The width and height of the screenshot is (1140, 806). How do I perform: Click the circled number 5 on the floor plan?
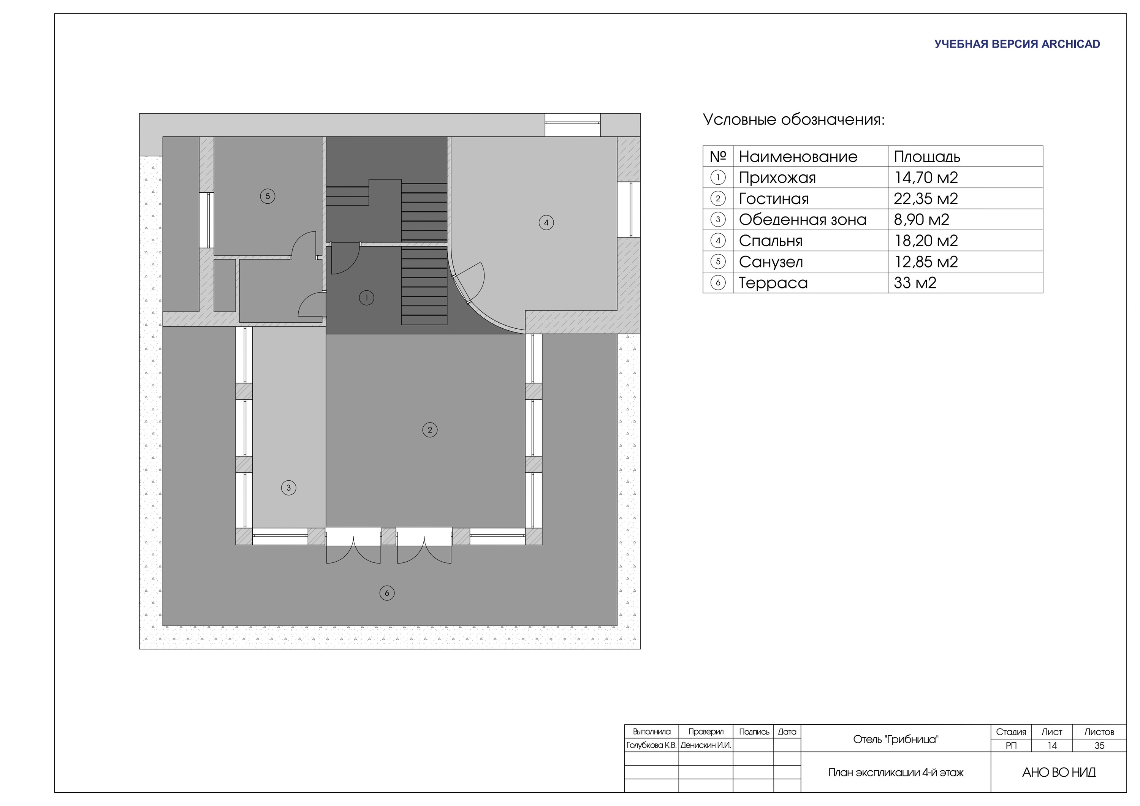click(268, 196)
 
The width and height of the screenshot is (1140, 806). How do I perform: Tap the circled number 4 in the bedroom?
click(546, 222)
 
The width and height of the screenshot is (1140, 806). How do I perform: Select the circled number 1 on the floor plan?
click(366, 298)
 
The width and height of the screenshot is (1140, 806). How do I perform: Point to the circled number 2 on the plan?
click(430, 430)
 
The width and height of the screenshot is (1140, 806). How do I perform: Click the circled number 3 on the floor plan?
click(288, 488)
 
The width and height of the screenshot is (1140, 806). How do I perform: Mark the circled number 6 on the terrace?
click(387, 593)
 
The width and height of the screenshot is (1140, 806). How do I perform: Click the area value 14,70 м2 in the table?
click(926, 178)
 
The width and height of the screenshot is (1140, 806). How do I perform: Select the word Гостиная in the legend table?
click(774, 199)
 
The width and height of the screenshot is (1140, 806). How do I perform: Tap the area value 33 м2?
click(915, 283)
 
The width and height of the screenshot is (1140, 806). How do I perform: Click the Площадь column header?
click(927, 157)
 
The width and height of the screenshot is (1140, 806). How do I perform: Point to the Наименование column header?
click(798, 157)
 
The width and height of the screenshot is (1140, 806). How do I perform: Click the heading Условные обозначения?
click(793, 120)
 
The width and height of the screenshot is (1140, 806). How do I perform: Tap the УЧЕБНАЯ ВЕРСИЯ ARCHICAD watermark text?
click(1017, 44)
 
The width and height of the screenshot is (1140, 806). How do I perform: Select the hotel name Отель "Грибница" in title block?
click(896, 739)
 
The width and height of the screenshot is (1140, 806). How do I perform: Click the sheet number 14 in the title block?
click(1051, 746)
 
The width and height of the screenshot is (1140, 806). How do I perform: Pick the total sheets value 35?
click(1099, 746)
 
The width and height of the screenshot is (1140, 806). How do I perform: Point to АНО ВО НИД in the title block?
click(1059, 773)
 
